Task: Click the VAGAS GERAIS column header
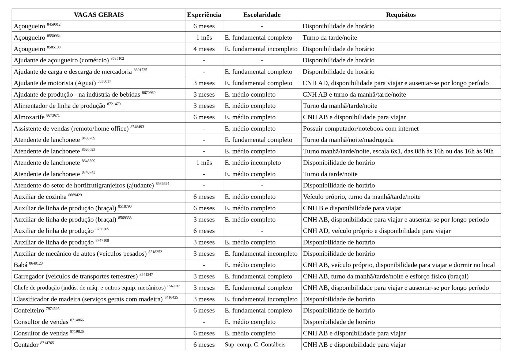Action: (x=99, y=15)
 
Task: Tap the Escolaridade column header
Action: (x=262, y=15)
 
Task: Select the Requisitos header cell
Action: (x=400, y=15)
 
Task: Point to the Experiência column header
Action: (x=204, y=15)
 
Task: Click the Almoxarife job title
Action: (x=29, y=117)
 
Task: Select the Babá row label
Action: (x=21, y=265)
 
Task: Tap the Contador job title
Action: (x=26, y=345)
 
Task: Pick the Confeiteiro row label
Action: (x=29, y=311)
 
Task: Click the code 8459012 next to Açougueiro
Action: (x=54, y=25)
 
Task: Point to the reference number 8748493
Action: (x=137, y=127)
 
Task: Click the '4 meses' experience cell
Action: (x=204, y=49)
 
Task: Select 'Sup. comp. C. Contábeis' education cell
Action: (x=255, y=345)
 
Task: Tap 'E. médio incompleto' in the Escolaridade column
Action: (x=253, y=163)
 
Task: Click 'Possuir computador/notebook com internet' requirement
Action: (x=361, y=129)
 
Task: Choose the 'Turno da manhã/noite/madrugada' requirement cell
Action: (x=348, y=140)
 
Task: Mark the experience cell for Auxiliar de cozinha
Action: (x=204, y=197)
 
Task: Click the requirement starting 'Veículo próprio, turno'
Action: (x=361, y=197)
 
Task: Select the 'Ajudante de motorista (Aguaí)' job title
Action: (x=55, y=83)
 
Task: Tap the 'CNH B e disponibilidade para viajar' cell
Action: (x=352, y=208)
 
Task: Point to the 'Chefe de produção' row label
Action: (x=89, y=288)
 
